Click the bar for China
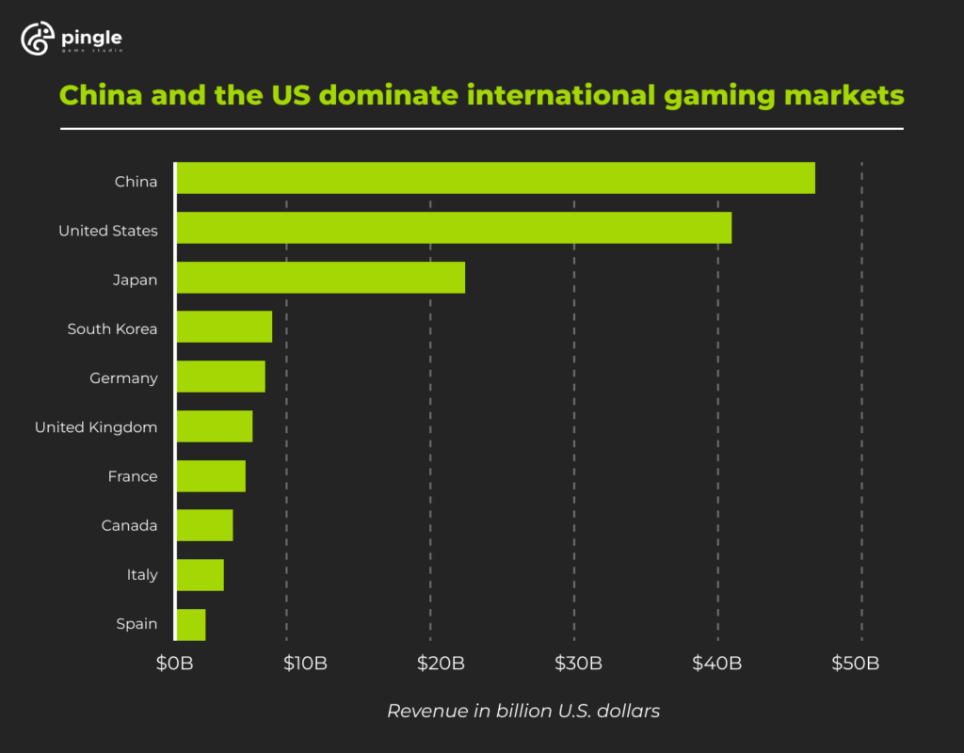495,178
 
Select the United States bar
454,228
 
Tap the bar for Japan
320,278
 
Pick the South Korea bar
224,327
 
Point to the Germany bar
220,376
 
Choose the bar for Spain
191,625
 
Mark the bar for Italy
200,575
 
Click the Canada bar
204,525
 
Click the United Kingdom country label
96,427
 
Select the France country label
133,476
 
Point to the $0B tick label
174,664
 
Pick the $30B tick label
579,664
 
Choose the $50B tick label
856,664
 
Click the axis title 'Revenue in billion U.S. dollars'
523,712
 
